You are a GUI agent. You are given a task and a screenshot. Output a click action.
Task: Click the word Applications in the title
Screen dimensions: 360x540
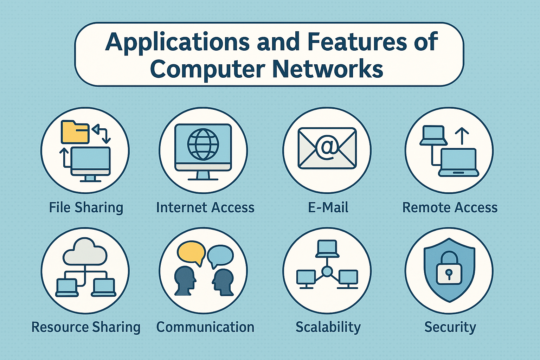[177, 42]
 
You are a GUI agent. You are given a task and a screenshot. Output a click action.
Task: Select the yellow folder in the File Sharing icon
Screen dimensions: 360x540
[75, 132]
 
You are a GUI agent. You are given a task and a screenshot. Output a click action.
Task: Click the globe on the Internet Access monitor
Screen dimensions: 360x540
[203, 144]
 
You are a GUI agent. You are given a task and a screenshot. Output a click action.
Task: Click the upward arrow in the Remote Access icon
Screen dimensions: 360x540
[462, 136]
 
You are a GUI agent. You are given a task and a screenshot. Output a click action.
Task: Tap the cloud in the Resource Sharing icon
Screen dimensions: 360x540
[85, 252]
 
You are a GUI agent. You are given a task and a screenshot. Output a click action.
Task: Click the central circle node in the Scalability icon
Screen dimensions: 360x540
[327, 271]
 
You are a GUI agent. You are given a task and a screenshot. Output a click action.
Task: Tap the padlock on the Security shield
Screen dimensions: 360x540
[449, 269]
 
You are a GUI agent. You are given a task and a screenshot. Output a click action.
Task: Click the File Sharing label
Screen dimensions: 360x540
[86, 207]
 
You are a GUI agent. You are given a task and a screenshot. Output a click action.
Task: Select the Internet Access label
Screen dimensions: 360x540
[205, 207]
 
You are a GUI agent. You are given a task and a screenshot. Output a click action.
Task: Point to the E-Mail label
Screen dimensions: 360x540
[328, 207]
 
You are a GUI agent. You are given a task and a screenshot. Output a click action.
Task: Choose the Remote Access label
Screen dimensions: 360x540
[450, 207]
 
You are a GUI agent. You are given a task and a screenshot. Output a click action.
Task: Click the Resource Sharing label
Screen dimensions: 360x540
[86, 327]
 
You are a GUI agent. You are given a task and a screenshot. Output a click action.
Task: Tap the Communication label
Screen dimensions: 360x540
[205, 327]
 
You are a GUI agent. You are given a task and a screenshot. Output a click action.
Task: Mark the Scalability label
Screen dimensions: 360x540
[328, 327]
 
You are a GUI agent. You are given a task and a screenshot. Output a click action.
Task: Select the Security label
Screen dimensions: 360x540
[450, 327]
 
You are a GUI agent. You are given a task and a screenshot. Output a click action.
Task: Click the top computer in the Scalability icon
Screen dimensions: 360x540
[327, 248]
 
